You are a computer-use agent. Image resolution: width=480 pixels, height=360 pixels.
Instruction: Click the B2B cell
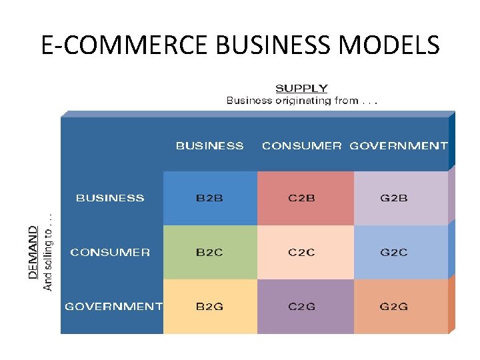click(x=209, y=198)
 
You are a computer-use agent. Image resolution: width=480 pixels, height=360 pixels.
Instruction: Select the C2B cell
click(x=302, y=198)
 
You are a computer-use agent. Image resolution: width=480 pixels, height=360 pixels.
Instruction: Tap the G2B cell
click(x=393, y=198)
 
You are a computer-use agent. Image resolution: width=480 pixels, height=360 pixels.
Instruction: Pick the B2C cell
click(x=209, y=253)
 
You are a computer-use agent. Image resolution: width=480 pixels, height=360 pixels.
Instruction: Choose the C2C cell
click(x=302, y=253)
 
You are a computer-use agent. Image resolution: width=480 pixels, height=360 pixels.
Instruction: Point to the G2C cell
click(x=393, y=253)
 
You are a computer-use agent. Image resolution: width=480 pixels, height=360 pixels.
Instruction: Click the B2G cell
click(x=209, y=307)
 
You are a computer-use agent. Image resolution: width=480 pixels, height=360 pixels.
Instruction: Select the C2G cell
click(x=302, y=307)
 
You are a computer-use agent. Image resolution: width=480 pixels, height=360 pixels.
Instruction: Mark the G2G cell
click(x=393, y=307)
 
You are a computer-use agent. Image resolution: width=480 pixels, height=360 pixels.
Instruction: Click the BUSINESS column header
click(x=209, y=145)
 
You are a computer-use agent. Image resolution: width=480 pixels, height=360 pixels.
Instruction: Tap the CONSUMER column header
click(x=302, y=145)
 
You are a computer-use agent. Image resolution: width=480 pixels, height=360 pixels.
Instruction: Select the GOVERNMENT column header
click(x=399, y=145)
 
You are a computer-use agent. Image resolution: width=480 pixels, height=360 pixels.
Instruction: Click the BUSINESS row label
click(x=110, y=198)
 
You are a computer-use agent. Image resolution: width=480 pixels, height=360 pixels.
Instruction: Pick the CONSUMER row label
click(x=110, y=253)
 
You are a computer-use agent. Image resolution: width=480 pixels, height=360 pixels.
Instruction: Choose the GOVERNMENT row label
click(x=113, y=307)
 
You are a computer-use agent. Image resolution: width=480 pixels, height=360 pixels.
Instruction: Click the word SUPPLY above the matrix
click(x=301, y=88)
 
